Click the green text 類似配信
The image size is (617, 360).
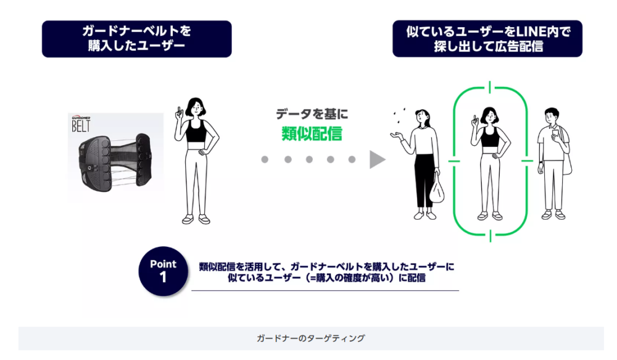click(x=311, y=132)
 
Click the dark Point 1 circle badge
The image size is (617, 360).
click(x=163, y=270)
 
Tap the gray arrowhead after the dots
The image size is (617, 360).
click(x=377, y=159)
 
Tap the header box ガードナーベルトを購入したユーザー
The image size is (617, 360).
click(x=136, y=39)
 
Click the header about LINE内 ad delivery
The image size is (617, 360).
click(x=487, y=39)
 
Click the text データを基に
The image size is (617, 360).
click(x=312, y=114)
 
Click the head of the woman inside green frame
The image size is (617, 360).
click(x=489, y=114)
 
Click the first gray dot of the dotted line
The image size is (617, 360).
click(x=265, y=159)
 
